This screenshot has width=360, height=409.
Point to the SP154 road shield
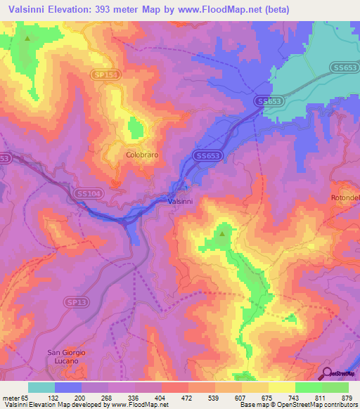(x=104, y=73)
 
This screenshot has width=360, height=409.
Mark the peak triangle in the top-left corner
(x=27, y=39)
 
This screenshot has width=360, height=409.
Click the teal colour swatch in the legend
(x=41, y=387)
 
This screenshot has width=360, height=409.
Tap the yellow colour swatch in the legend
(x=282, y=387)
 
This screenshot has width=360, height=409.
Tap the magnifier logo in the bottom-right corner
(x=328, y=374)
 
